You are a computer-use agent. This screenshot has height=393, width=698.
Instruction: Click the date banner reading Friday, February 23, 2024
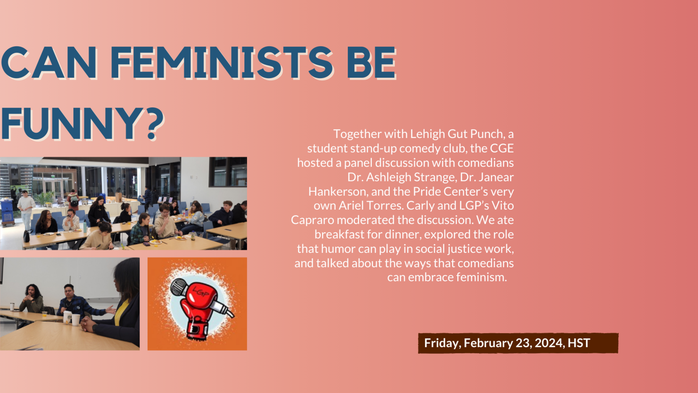click(x=518, y=343)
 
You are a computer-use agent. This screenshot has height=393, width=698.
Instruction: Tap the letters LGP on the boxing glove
click(x=201, y=292)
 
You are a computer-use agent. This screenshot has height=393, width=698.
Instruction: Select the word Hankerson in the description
click(x=339, y=191)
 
